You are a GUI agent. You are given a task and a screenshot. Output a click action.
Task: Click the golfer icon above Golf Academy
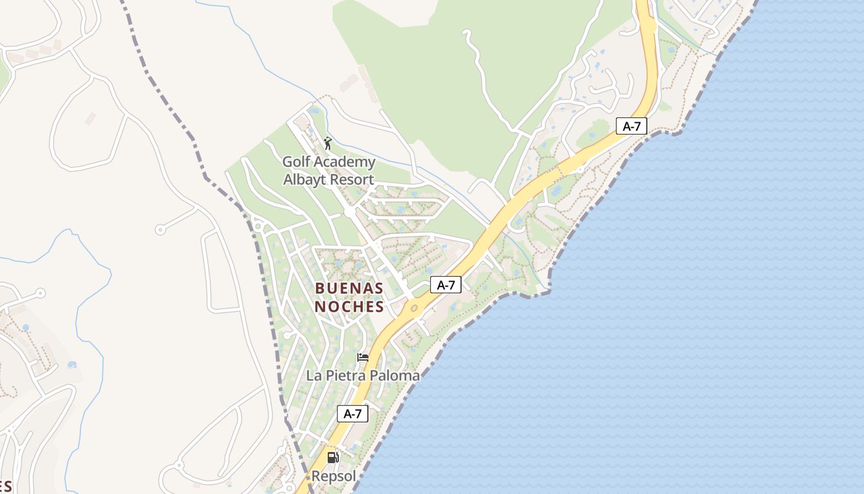pos(328,144)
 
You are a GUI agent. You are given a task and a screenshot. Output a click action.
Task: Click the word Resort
pos(351,180)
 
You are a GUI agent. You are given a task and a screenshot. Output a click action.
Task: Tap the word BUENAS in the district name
pos(349,288)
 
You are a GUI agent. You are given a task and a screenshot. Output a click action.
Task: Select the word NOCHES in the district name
pos(349,306)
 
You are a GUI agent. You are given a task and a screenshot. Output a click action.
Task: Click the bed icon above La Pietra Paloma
pos(363,357)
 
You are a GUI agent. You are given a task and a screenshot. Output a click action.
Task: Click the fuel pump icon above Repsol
pos(333,458)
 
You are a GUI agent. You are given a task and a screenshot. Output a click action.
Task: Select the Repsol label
pos(334,476)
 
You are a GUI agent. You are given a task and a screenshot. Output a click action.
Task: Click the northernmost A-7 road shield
pos(631,127)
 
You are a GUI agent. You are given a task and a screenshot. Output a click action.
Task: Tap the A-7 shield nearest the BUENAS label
pos(446,285)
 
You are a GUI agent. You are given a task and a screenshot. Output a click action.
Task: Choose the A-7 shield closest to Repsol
pos(352,414)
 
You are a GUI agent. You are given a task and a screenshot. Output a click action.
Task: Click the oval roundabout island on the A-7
pos(413,308)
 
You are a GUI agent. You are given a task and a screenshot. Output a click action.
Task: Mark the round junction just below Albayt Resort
pos(350,212)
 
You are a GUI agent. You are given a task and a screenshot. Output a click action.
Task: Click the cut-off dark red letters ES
pos(5,486)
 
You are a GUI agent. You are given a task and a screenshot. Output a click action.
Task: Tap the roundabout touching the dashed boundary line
pos(257,225)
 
